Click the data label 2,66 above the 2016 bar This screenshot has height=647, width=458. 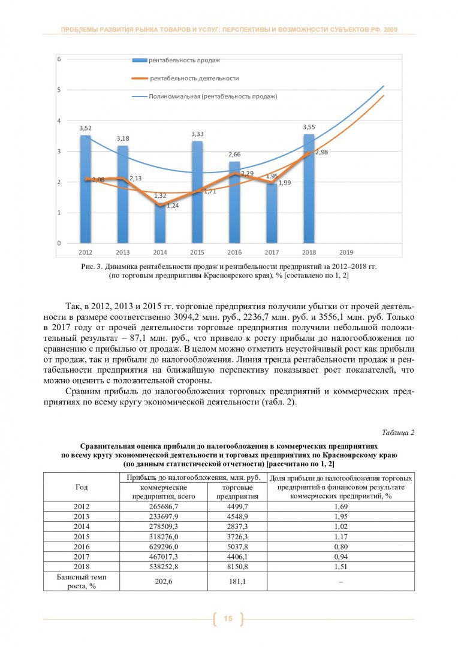234,155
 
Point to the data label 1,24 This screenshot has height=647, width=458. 173,205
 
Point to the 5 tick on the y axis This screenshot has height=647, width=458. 59,90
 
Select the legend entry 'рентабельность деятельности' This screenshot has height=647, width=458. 194,78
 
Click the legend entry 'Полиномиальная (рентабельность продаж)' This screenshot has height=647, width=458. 213,96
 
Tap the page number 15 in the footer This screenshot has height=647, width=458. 228,618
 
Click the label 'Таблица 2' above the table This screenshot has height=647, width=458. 397,433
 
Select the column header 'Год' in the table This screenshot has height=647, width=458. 81,486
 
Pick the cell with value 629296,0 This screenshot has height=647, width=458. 155,547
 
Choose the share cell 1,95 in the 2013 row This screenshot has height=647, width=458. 340,516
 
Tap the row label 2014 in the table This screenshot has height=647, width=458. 81,527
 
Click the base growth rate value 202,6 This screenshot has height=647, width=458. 155,581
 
